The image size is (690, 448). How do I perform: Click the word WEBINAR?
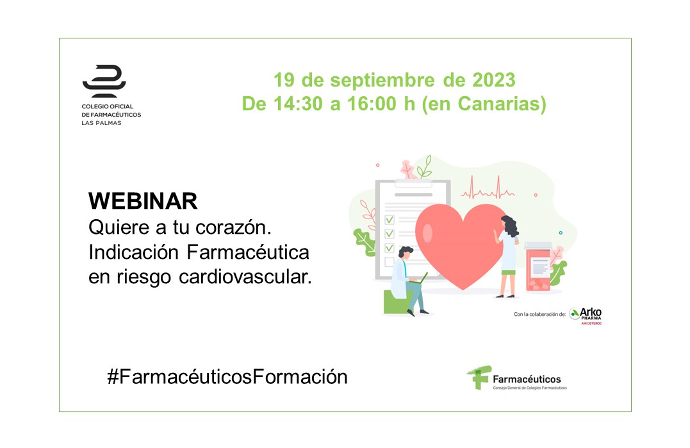tap(143, 201)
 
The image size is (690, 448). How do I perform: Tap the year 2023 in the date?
tap(494, 80)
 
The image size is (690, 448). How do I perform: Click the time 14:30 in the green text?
tap(299, 104)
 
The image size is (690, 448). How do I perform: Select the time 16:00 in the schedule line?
tap(373, 104)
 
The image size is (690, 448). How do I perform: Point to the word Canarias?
tap(502, 104)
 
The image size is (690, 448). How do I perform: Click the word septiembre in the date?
tap(382, 81)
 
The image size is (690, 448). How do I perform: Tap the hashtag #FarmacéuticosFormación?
tap(227, 377)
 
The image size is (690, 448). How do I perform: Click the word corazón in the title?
tap(233, 228)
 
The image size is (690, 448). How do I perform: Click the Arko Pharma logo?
tap(586, 315)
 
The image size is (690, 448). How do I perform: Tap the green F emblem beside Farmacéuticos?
tap(479, 377)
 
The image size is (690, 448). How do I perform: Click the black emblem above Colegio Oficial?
tap(104, 81)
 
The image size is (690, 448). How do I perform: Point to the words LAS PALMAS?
tap(101, 123)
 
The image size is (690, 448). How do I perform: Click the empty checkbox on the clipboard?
tap(389, 262)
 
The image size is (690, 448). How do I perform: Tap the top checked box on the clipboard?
tap(390, 219)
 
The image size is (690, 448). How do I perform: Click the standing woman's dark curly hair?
tap(510, 226)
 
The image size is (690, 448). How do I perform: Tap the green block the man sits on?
tap(397, 301)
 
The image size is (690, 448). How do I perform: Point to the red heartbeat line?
tap(488, 188)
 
